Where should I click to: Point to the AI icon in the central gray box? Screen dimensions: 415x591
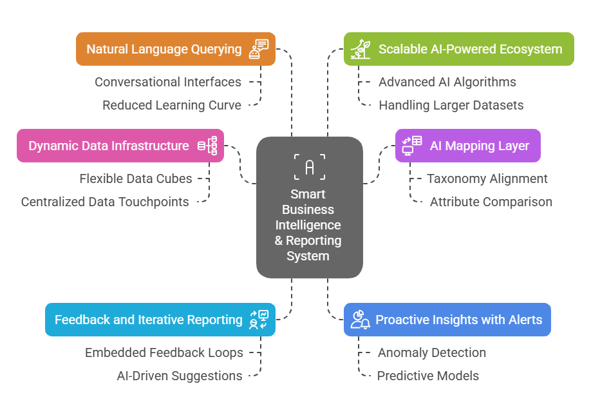click(310, 167)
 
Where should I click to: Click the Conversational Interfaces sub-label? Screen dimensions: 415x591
click(168, 82)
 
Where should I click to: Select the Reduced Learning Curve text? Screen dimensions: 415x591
click(172, 105)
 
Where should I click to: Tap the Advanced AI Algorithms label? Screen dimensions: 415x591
click(447, 82)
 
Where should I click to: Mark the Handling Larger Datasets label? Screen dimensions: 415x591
click(451, 105)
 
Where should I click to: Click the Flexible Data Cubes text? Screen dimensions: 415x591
click(136, 179)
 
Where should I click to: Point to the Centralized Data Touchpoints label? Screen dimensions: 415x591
click(105, 202)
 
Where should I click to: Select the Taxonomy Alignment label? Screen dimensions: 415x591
click(487, 179)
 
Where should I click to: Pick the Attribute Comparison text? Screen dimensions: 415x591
click(491, 202)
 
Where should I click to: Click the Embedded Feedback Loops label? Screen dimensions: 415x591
click(164, 352)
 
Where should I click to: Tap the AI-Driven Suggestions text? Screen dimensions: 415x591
click(180, 376)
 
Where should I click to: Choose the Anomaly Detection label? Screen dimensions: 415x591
click(432, 352)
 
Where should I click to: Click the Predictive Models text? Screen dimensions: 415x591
click(428, 376)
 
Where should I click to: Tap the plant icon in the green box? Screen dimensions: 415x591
click(359, 50)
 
